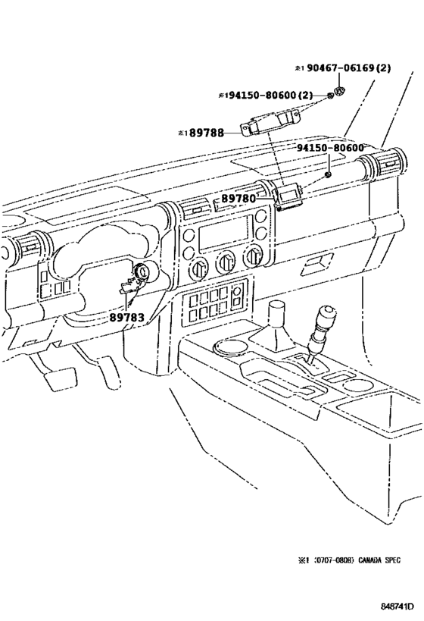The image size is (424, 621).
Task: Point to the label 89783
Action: (x=126, y=317)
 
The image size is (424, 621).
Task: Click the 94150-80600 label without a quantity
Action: (x=330, y=149)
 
